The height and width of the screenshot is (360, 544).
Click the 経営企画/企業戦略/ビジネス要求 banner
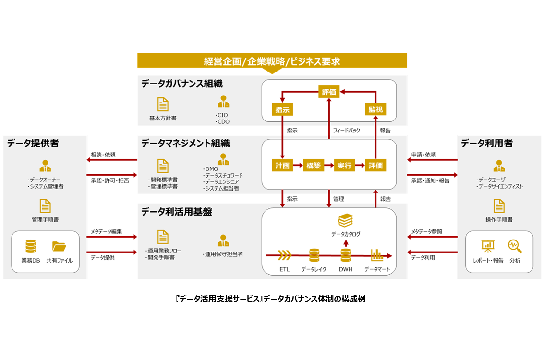coord(272,61)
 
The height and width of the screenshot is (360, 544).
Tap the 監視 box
coord(375,109)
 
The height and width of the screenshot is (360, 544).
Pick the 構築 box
coord(314,166)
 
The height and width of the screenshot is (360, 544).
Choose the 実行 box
coord(344,166)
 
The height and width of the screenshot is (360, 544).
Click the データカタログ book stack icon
coord(346,221)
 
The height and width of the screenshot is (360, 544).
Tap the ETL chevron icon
coord(285,254)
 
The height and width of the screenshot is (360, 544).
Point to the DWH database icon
coord(346,255)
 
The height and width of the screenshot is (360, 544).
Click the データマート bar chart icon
coord(377,254)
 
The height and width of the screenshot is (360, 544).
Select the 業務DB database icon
coord(31,247)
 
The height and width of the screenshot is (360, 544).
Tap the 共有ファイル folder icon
coord(59,247)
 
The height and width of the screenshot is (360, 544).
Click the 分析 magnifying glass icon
coord(515,247)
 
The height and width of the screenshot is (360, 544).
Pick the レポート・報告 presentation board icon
coord(488,247)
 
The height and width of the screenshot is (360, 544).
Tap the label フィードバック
coord(346,131)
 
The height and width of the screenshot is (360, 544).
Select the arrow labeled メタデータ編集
coord(112,238)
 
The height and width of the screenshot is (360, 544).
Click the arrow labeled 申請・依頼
coord(432,160)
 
